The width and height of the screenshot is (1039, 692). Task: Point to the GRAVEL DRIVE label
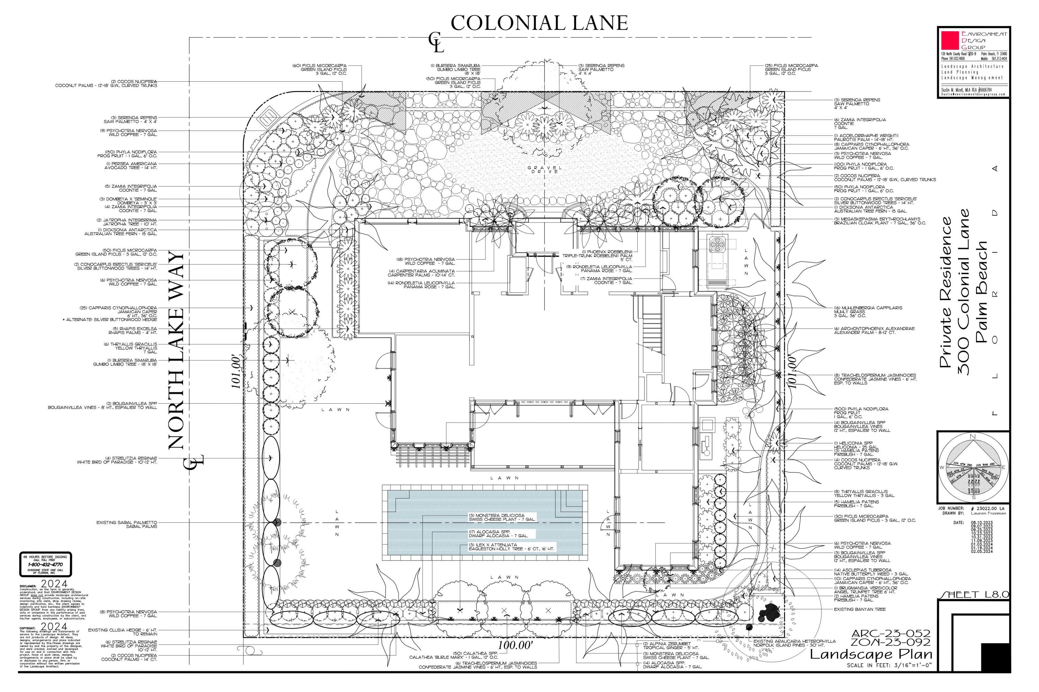[x=544, y=170]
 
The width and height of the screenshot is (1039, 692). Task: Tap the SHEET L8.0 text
[x=974, y=594]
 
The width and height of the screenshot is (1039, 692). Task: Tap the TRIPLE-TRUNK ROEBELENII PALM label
[x=597, y=255]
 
